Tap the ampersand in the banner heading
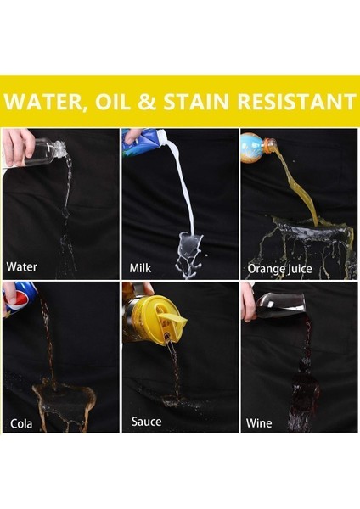(x=147, y=101)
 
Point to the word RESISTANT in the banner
(x=297, y=101)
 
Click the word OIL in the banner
(x=112, y=101)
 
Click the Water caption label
(x=21, y=267)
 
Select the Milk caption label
(x=140, y=268)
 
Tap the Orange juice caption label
(x=279, y=269)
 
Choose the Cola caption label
(x=21, y=423)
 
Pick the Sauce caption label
(x=147, y=422)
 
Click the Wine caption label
(x=259, y=423)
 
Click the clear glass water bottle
(x=46, y=152)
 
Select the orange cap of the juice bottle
(x=269, y=146)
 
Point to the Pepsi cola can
(x=20, y=299)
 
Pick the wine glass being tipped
(x=278, y=305)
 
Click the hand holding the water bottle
(x=17, y=147)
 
